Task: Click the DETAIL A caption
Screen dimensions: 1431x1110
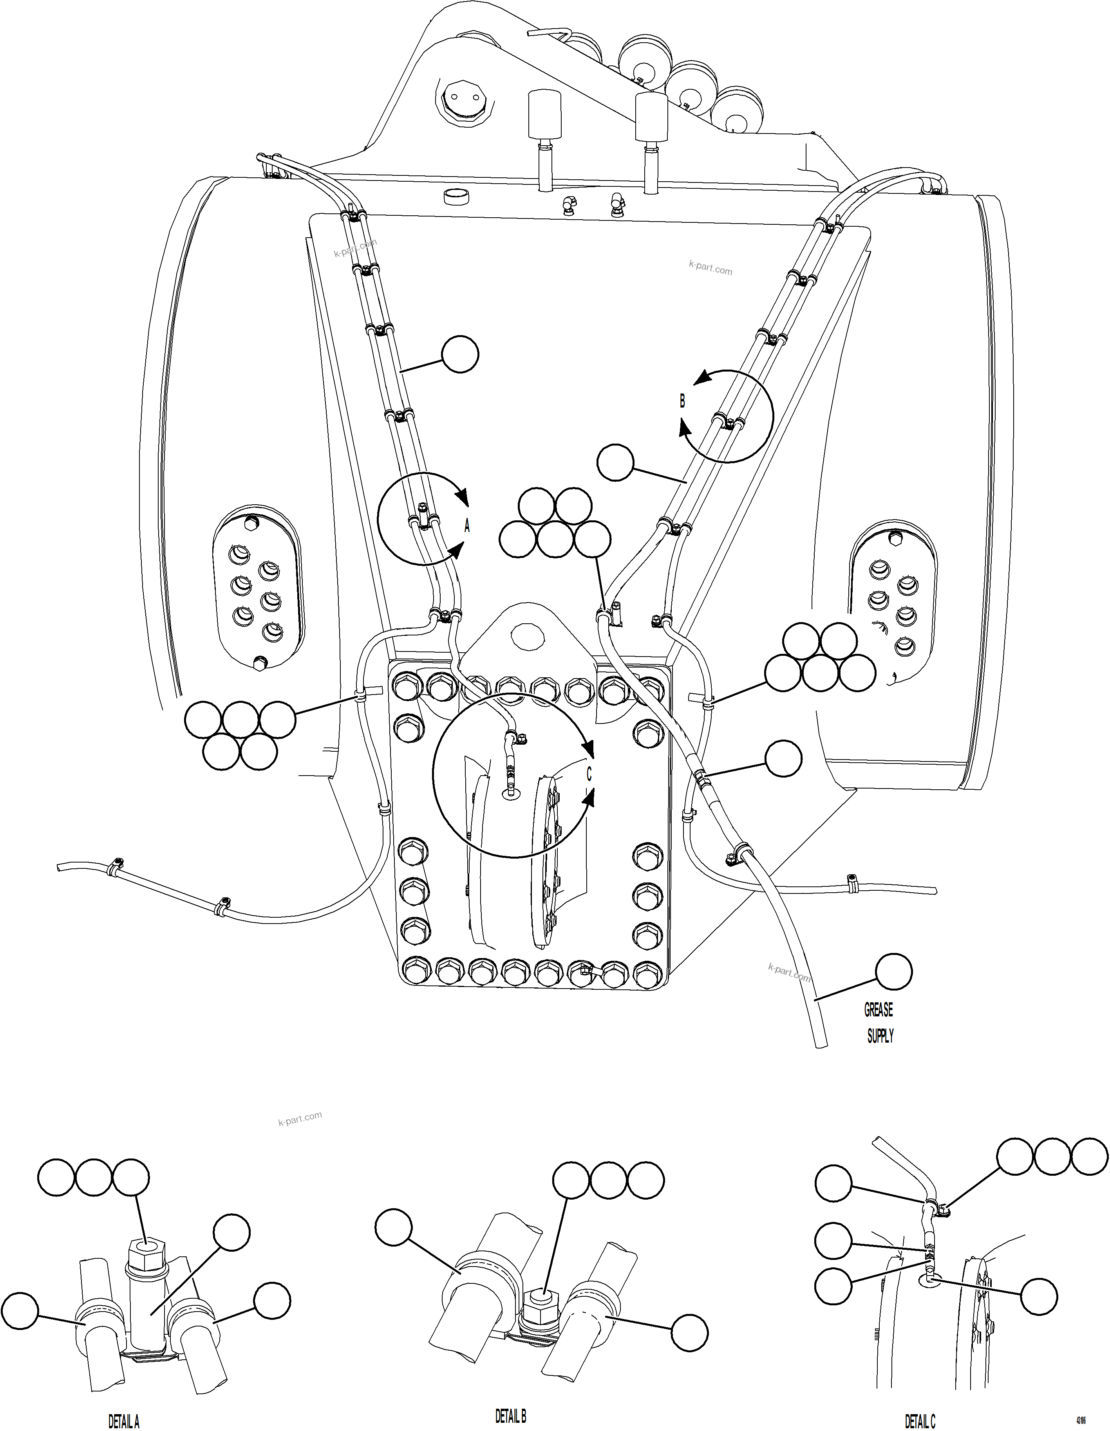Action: coord(123,1420)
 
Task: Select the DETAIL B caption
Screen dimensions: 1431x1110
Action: coord(510,1415)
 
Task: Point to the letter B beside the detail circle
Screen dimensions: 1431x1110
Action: coord(682,401)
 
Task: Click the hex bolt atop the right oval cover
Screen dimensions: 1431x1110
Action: coord(896,539)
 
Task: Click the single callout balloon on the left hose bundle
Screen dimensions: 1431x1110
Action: coord(459,354)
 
